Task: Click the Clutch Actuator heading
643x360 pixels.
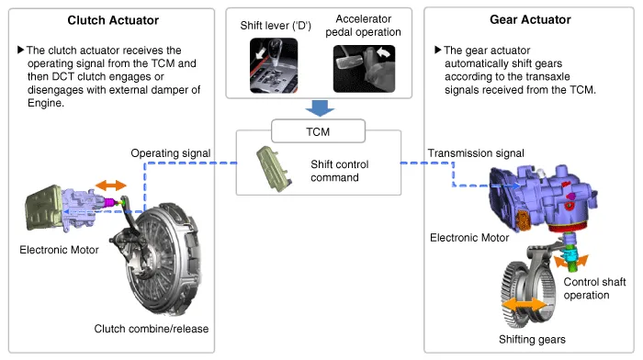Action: pos(113,20)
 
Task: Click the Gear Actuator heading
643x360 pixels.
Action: pos(530,19)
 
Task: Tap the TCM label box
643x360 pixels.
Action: pos(318,131)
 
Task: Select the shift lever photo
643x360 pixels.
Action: pos(274,65)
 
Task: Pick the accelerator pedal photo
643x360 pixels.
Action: pos(364,69)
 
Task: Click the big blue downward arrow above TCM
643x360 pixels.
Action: pos(320,108)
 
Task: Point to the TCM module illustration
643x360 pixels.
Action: pos(274,168)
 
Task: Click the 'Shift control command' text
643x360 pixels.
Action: pos(340,171)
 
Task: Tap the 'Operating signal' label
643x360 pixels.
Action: pos(171,153)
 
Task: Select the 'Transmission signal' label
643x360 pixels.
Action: pos(476,153)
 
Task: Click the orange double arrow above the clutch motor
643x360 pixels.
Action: pos(111,186)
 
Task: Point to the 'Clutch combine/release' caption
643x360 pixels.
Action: pos(152,329)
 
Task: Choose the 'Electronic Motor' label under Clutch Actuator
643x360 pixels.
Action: pos(59,250)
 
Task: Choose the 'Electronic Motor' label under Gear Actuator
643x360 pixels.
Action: pos(469,238)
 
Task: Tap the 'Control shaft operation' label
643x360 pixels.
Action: pos(594,288)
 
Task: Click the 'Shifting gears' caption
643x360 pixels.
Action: pos(532,339)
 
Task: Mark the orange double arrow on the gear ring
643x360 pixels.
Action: pos(525,306)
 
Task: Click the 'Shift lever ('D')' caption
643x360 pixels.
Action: pos(276,26)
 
